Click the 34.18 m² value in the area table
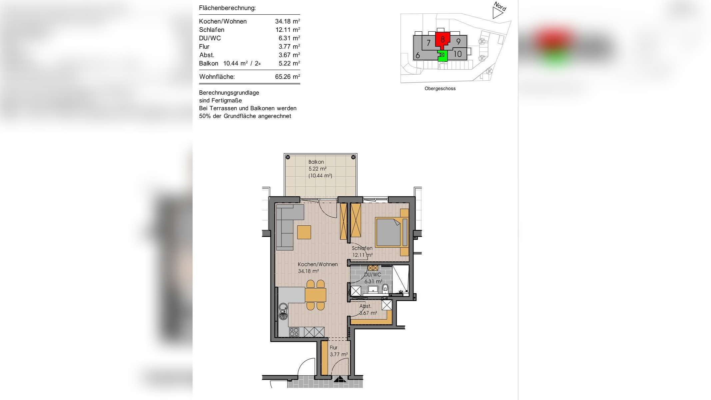click(x=287, y=21)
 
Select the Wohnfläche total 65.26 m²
click(x=287, y=77)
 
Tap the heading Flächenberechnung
click(x=227, y=8)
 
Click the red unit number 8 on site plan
click(x=442, y=39)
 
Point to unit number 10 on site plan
click(x=457, y=54)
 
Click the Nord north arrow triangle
click(x=497, y=13)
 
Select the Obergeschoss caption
click(x=440, y=89)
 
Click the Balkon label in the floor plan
click(x=316, y=162)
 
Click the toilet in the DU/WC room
click(x=385, y=288)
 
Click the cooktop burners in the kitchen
click(x=294, y=332)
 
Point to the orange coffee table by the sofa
click(x=304, y=232)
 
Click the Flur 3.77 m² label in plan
click(x=338, y=351)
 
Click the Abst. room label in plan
click(x=365, y=306)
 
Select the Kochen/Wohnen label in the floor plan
click(x=318, y=264)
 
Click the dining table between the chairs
click(x=316, y=295)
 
